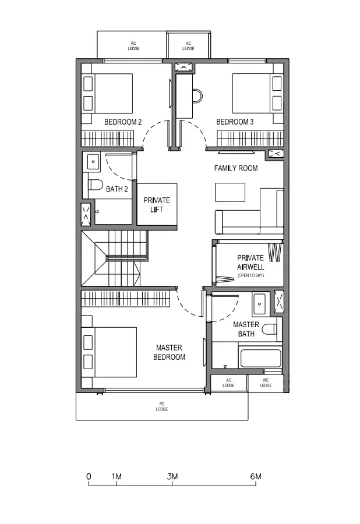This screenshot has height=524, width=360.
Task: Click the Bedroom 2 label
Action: pos(123,122)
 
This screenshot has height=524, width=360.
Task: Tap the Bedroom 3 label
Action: pos(235,122)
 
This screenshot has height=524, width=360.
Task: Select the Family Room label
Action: pos(236,168)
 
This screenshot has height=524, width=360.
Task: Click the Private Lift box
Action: pos(157,204)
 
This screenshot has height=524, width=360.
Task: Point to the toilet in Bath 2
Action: pos(96,185)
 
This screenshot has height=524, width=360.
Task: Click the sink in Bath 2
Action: pos(93,162)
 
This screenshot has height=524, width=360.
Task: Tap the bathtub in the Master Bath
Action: pos(260,357)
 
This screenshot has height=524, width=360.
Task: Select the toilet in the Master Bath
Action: pos(269,330)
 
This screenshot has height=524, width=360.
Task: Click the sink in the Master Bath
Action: pos(259,304)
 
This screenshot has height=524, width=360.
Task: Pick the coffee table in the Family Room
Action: pos(230,192)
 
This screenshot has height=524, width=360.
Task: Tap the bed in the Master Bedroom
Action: pos(110,352)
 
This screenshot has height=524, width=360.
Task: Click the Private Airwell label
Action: pos(250,263)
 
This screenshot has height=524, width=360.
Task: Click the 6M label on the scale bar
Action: pos(256,476)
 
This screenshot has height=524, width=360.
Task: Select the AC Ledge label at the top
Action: pos(189,46)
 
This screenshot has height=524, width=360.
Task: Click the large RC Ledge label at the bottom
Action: pos(162,406)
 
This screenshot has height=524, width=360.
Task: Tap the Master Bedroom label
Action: pos(169,352)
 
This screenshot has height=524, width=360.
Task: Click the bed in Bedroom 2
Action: pos(108,93)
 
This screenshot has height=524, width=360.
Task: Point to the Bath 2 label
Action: pos(117,189)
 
